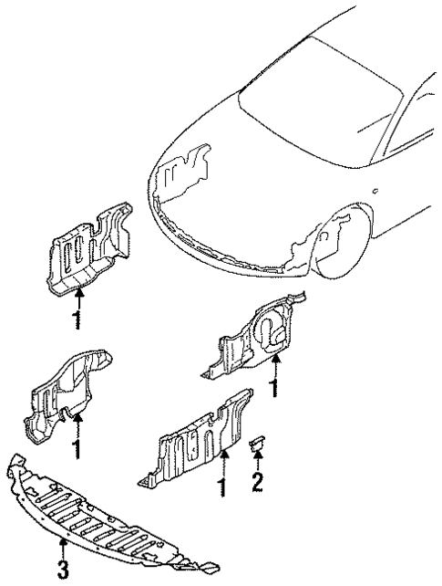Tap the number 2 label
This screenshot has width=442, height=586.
(257, 481)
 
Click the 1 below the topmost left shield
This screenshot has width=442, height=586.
(79, 320)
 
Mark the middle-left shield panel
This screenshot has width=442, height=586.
(68, 393)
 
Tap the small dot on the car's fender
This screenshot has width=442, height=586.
(375, 192)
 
